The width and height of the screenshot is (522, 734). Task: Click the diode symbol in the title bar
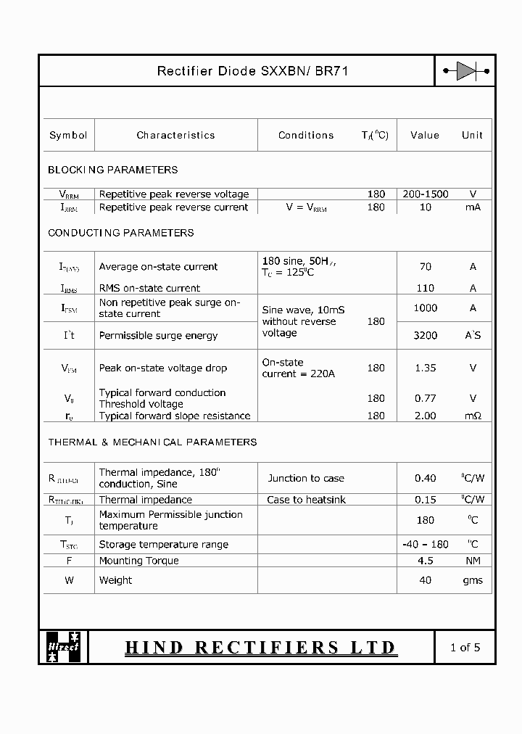tap(465, 71)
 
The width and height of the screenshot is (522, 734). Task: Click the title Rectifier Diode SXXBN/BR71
tap(253, 71)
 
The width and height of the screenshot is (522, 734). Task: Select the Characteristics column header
tap(175, 135)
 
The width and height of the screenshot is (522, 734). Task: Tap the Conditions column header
tap(306, 135)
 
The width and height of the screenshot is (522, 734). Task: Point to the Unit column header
tap(472, 135)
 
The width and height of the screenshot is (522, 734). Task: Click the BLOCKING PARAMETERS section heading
tap(112, 170)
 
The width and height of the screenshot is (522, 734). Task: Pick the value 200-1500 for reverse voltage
tap(426, 194)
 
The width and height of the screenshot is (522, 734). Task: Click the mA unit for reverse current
tap(473, 207)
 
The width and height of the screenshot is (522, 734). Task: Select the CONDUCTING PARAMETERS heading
tap(120, 233)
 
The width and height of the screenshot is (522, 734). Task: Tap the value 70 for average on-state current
tap(426, 266)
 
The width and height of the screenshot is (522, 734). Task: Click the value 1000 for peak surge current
tap(426, 308)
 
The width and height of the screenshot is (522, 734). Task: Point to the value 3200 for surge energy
tap(426, 336)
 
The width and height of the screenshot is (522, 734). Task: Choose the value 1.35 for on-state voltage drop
tap(426, 368)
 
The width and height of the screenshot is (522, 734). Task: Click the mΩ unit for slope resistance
tap(473, 416)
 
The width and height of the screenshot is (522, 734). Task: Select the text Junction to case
tap(306, 478)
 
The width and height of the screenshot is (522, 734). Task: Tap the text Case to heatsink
tap(306, 500)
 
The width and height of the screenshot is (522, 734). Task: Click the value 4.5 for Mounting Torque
tap(426, 560)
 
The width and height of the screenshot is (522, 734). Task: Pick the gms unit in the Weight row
tap(473, 580)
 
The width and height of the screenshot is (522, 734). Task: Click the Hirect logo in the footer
tap(63, 647)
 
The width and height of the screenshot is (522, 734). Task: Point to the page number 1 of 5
tap(465, 647)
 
